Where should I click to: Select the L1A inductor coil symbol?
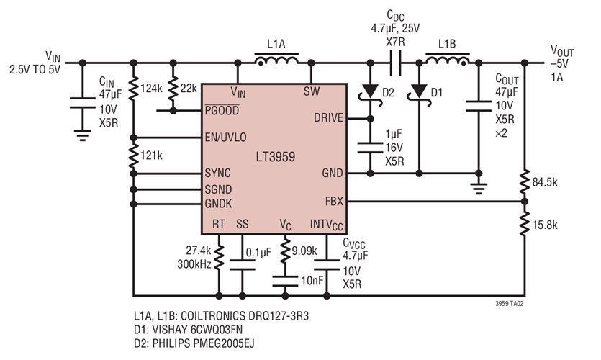coord(276,62)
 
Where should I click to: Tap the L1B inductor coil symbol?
coord(447,62)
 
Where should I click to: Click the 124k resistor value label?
coord(151,89)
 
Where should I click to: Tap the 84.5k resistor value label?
coord(546,180)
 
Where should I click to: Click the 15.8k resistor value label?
coord(546,224)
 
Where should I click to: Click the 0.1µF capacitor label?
coord(257,253)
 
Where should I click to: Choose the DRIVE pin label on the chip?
coord(328,118)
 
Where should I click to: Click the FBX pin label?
coord(334,202)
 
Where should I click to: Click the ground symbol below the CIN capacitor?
coord(82,132)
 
